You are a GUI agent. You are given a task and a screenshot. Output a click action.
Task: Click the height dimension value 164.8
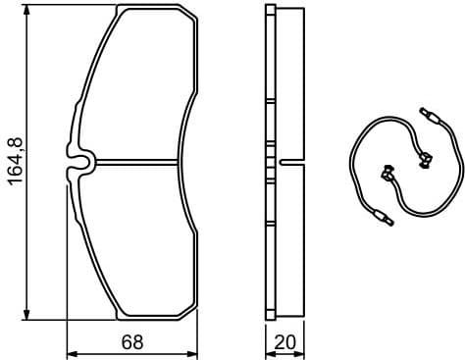coord(15,163)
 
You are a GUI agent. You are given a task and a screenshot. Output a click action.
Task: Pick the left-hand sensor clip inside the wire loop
coord(387,174)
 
